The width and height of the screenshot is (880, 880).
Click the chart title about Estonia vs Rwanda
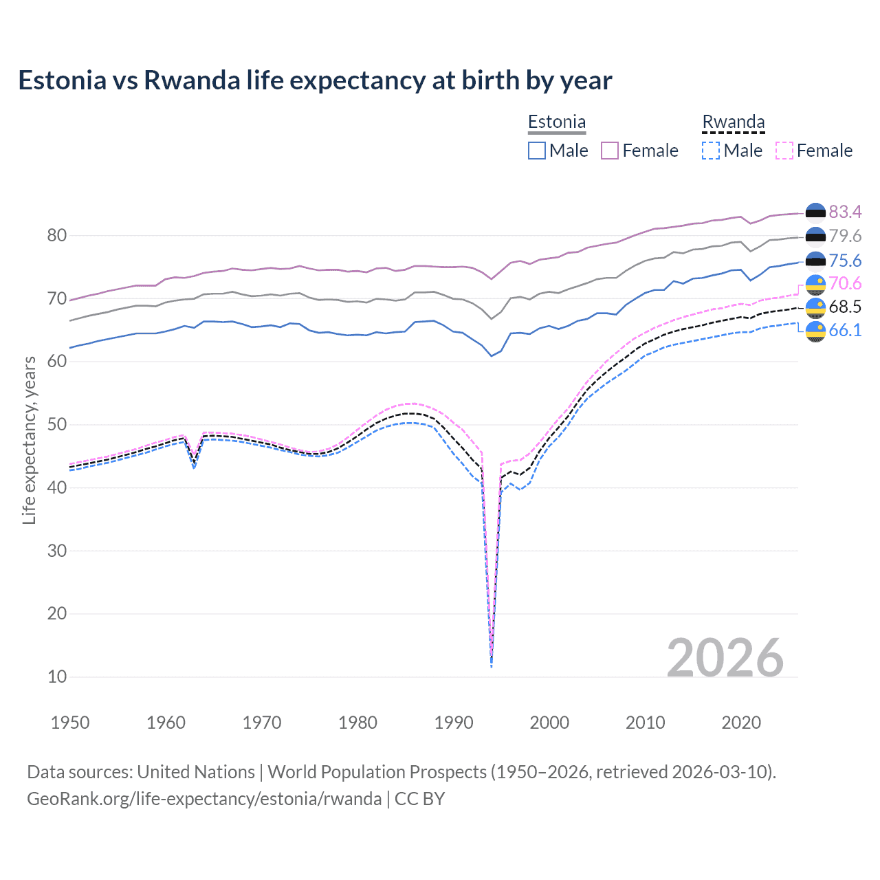[x=315, y=80]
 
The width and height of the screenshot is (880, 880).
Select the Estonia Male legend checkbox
[x=537, y=151]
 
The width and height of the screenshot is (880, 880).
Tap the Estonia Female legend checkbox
[x=610, y=151]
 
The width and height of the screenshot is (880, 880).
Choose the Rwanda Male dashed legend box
[x=711, y=151]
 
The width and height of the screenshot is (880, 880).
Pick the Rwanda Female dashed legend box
[x=784, y=151]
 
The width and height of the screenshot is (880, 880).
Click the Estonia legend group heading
[x=557, y=122]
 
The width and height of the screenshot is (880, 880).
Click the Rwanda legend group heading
[x=734, y=122]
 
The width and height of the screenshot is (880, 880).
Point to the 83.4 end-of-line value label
[x=845, y=212]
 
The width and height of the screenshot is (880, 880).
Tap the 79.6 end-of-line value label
[x=845, y=236]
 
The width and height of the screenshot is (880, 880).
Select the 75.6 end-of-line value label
[x=845, y=261]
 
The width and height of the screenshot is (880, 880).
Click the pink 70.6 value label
[x=845, y=283]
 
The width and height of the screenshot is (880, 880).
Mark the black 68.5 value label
[x=845, y=307]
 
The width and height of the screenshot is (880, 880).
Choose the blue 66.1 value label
[x=845, y=330]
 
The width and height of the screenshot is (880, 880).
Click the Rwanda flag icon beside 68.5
[x=815, y=307]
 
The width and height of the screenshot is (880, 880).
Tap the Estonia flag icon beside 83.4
[x=815, y=212]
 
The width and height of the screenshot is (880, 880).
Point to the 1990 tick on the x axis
[x=454, y=723]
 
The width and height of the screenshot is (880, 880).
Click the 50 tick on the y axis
[x=57, y=425]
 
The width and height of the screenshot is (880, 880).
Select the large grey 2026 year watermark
[x=725, y=658]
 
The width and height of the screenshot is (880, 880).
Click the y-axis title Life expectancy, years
[x=29, y=440]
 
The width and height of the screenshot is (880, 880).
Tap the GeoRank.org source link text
[x=204, y=798]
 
